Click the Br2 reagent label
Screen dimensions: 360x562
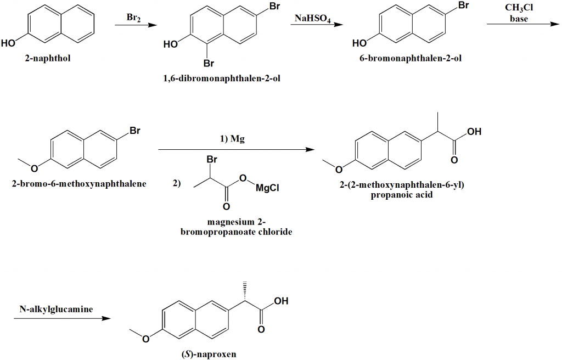pyautogui.click(x=134, y=18)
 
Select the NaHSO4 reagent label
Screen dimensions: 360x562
pyautogui.click(x=312, y=18)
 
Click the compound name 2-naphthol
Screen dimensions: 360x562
pyautogui.click(x=48, y=59)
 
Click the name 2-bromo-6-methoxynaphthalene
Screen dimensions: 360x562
pyautogui.click(x=79, y=184)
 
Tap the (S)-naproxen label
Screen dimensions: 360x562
pyautogui.click(x=209, y=354)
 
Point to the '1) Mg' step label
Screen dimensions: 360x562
pyautogui.click(x=232, y=139)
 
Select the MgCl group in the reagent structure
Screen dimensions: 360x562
pyautogui.click(x=267, y=188)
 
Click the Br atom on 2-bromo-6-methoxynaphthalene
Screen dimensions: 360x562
pyautogui.click(x=134, y=132)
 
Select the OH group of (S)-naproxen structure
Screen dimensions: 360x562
pyautogui.click(x=281, y=301)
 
